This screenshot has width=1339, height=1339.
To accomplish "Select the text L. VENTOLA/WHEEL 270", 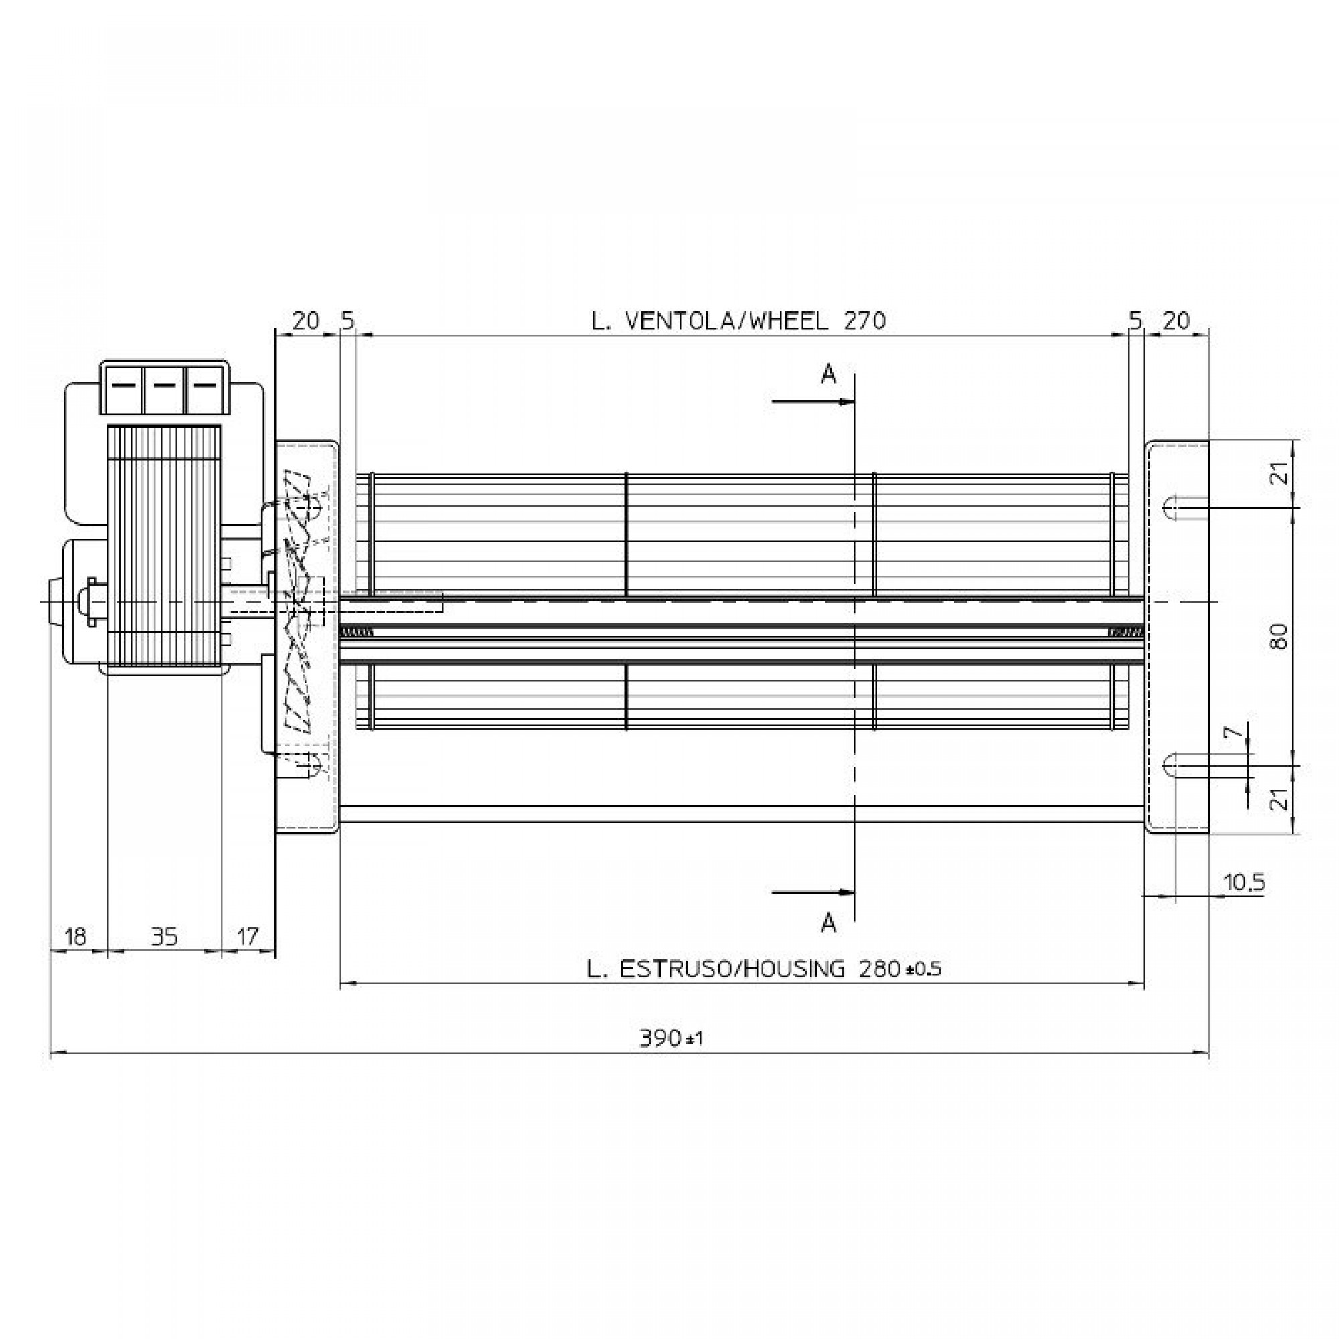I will click(738, 321).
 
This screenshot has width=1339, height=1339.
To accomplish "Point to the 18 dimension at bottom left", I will click(76, 937).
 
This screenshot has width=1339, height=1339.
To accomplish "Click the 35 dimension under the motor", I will click(164, 937).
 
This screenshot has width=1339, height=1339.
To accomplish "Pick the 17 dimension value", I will click(248, 937).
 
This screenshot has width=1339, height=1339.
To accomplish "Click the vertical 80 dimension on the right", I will click(1280, 636).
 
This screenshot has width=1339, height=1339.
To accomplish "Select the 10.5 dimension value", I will click(1245, 882).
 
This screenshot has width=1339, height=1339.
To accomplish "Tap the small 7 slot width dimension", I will click(1229, 733).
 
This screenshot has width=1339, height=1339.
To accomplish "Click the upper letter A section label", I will click(828, 375).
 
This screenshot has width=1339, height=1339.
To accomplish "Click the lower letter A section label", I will click(828, 923).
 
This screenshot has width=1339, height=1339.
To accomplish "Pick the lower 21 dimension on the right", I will click(1281, 799).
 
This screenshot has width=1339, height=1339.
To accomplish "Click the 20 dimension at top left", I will click(306, 321).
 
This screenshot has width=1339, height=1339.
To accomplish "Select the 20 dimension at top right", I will click(1176, 321).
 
